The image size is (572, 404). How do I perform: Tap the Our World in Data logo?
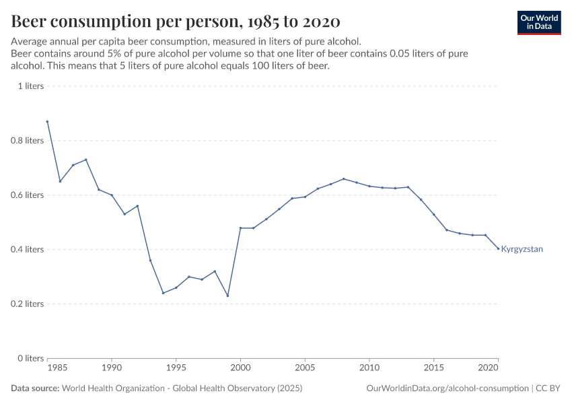[x=539, y=22]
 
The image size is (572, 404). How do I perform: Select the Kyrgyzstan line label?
[x=522, y=249]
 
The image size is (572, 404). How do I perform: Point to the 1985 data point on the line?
[x=47, y=121]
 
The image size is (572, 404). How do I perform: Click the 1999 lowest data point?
[x=227, y=296]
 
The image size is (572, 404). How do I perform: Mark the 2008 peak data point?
[x=343, y=179]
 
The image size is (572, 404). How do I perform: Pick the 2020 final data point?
[x=498, y=248]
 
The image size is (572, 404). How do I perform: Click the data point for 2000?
[x=240, y=228]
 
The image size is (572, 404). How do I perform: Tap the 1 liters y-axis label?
[x=30, y=86]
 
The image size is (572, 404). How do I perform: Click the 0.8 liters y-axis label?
[x=27, y=141]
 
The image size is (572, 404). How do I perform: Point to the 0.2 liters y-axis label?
[x=27, y=304]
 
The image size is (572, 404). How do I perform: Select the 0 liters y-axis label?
[x=30, y=358]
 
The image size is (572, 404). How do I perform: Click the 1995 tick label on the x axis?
[x=176, y=369]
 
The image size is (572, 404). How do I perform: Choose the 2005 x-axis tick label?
[x=305, y=369]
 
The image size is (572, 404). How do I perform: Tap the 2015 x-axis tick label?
[x=433, y=369]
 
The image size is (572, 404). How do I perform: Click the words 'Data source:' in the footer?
[x=34, y=389]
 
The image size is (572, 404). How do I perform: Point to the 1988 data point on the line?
[x=85, y=160]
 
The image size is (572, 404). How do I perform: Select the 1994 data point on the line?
[x=163, y=293]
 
